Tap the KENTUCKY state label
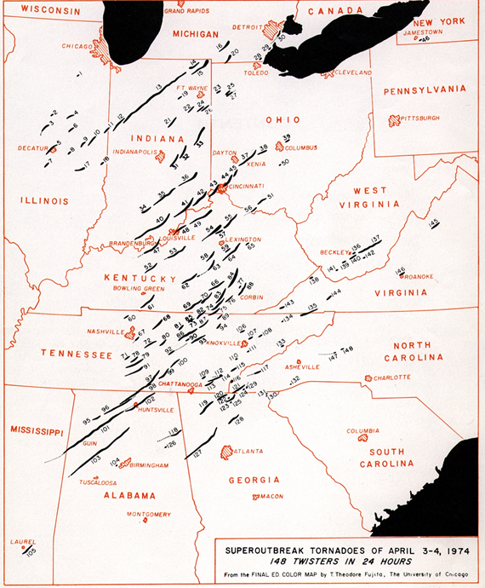tap(140, 278)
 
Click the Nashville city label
tap(106, 331)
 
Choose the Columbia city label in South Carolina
tap(362, 431)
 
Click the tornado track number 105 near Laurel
tap(31, 552)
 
